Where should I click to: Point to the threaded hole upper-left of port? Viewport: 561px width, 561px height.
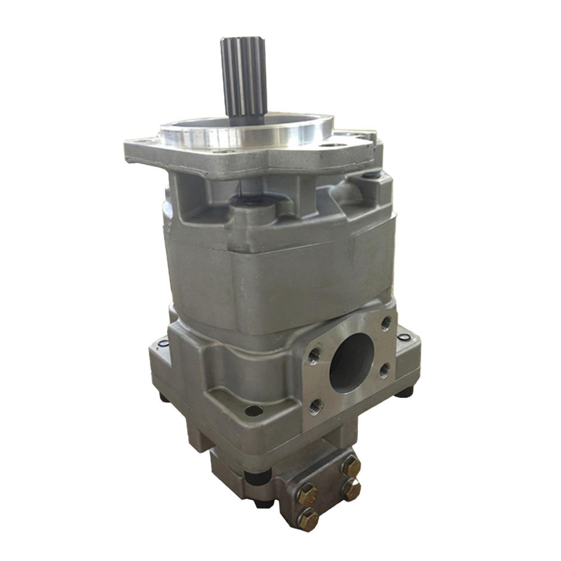point(314,355)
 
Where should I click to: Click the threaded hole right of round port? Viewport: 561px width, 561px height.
point(384,369)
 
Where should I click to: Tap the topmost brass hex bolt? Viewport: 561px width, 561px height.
point(351,466)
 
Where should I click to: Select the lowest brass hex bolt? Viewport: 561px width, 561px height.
point(308,519)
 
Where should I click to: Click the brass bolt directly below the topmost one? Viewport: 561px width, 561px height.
point(352,489)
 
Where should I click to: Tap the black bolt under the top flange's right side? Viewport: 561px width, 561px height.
point(370,175)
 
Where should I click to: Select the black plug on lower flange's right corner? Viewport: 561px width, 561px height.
point(403,337)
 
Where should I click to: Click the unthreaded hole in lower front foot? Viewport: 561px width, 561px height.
point(254,411)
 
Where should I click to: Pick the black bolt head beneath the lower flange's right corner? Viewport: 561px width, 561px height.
point(404,391)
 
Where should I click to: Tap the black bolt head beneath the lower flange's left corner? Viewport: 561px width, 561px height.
point(164,397)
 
